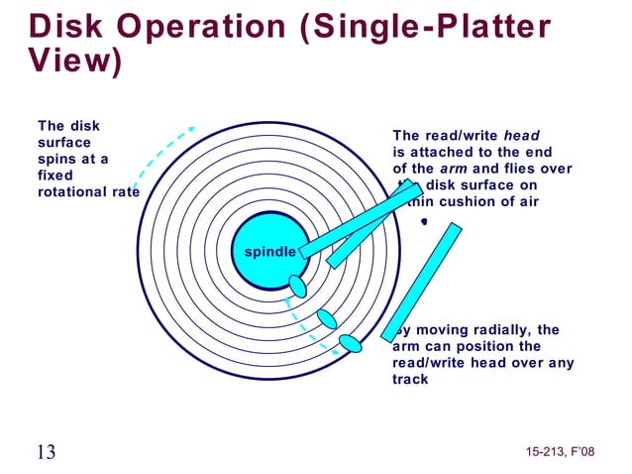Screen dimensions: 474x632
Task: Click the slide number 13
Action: pos(46,452)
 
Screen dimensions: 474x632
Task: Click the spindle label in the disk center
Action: pos(263,252)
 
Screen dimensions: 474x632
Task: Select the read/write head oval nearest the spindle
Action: pos(297,287)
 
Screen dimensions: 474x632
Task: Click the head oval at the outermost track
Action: pos(350,343)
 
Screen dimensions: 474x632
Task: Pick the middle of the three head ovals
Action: pos(327,319)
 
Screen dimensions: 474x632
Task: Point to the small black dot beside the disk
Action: pos(423,222)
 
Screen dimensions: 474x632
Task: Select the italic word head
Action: pos(522,136)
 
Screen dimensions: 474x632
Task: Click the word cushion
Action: pos(469,201)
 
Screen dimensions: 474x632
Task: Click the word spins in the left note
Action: pos(54,159)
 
